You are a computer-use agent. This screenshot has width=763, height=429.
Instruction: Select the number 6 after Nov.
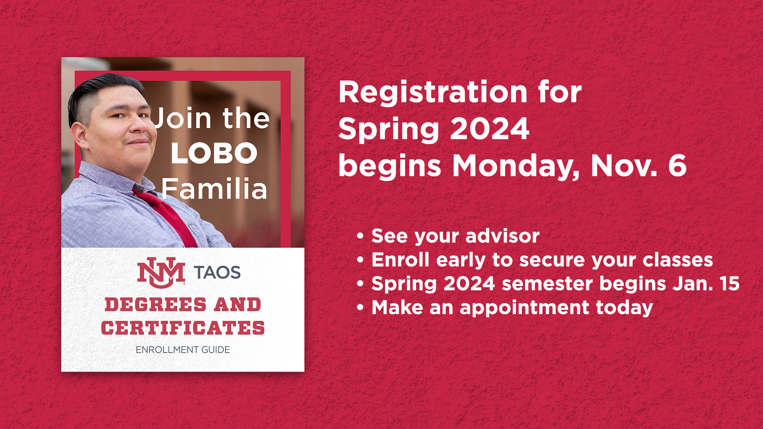tap(677, 165)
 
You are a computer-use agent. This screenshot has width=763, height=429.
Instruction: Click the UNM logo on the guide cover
tap(161, 272)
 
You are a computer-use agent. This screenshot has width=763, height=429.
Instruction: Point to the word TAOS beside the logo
tap(217, 272)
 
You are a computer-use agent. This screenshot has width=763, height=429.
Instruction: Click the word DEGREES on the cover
tap(156, 305)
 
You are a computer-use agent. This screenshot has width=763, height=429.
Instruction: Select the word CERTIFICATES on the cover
tap(183, 328)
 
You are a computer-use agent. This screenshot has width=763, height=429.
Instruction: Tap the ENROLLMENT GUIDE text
tap(183, 350)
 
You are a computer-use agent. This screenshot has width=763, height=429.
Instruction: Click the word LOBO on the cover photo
tap(214, 153)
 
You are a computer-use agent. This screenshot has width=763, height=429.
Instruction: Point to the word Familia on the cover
tap(214, 189)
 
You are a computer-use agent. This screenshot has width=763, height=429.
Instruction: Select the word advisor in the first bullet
tap(502, 236)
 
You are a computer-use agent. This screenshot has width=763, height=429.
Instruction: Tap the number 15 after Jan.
tap(729, 284)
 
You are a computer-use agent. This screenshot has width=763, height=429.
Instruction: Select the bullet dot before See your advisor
tap(360, 236)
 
